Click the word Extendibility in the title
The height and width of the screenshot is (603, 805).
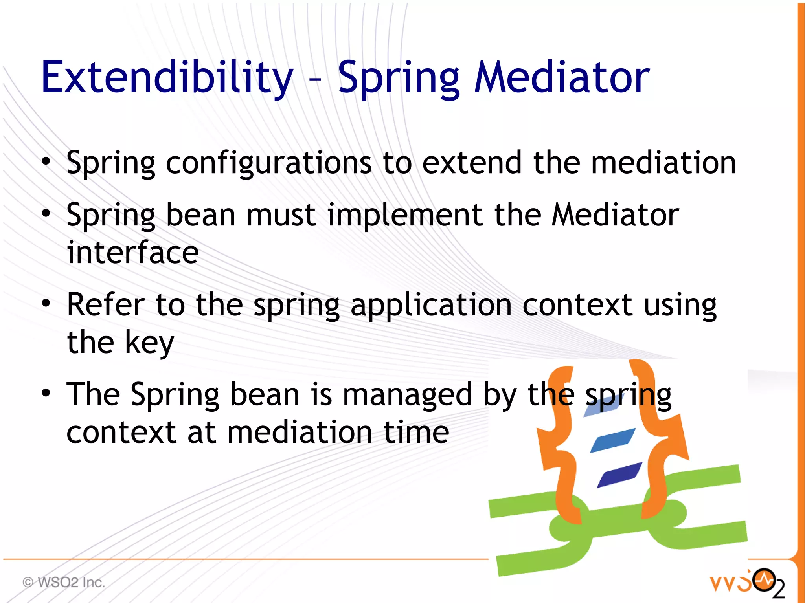167,77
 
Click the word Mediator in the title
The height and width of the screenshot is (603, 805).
562,77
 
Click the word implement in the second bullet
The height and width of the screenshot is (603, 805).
405,215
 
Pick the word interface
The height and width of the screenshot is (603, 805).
133,252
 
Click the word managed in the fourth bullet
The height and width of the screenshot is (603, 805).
408,395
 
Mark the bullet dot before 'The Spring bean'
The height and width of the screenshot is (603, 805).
46,392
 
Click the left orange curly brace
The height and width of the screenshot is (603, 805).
558,444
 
